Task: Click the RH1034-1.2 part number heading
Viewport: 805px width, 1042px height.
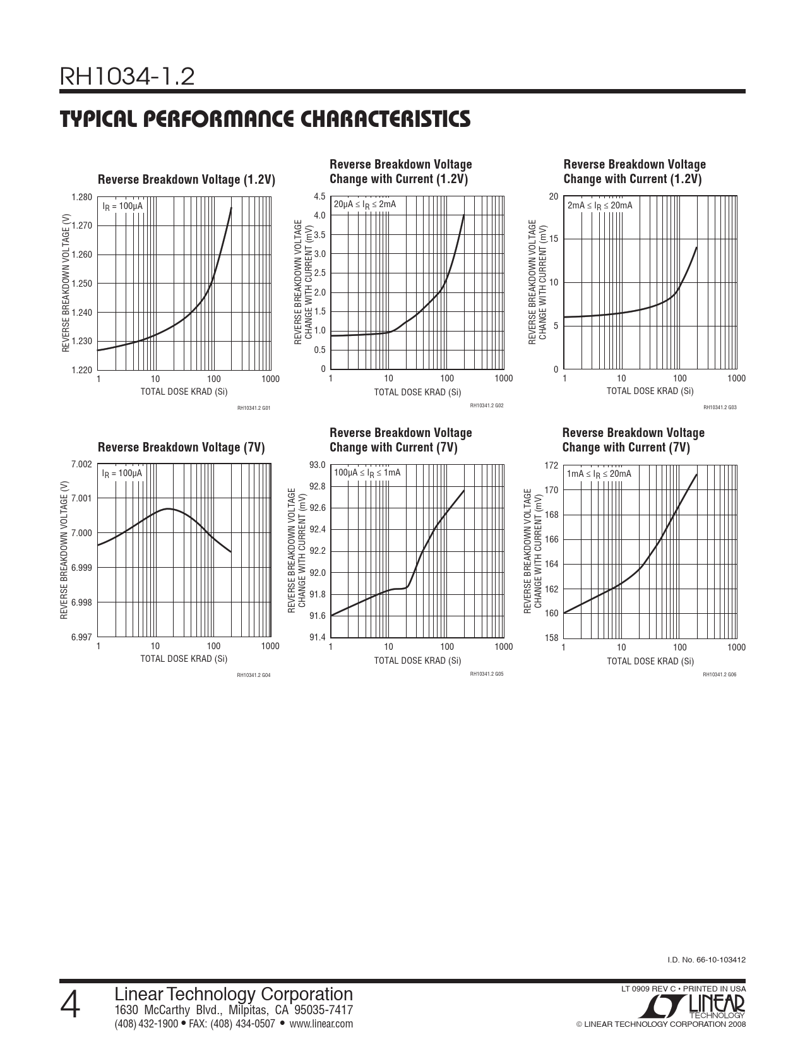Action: click(x=127, y=77)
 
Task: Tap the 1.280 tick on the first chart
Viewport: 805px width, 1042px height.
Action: click(x=82, y=197)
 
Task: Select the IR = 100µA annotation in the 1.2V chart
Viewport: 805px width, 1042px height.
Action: click(x=122, y=206)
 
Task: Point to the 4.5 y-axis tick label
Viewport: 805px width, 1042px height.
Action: click(x=319, y=196)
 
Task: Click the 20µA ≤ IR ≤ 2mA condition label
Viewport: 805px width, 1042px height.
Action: click(x=365, y=204)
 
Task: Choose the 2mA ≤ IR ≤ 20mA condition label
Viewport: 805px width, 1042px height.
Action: click(x=600, y=205)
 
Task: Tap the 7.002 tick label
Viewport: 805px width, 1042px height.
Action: click(x=82, y=465)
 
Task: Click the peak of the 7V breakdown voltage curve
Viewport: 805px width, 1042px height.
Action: click(x=169, y=508)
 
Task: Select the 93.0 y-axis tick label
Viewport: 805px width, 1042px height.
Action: click(x=317, y=465)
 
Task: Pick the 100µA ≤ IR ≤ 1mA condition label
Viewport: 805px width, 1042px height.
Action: click(x=367, y=473)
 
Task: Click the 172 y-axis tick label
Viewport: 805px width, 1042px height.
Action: click(x=551, y=465)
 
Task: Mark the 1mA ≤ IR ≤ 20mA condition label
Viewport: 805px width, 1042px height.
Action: click(x=599, y=474)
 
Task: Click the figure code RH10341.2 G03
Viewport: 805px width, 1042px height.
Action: click(x=720, y=407)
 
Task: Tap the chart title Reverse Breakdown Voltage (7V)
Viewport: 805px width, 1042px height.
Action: click(x=181, y=448)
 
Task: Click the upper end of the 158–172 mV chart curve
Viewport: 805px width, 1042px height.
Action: click(x=696, y=475)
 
